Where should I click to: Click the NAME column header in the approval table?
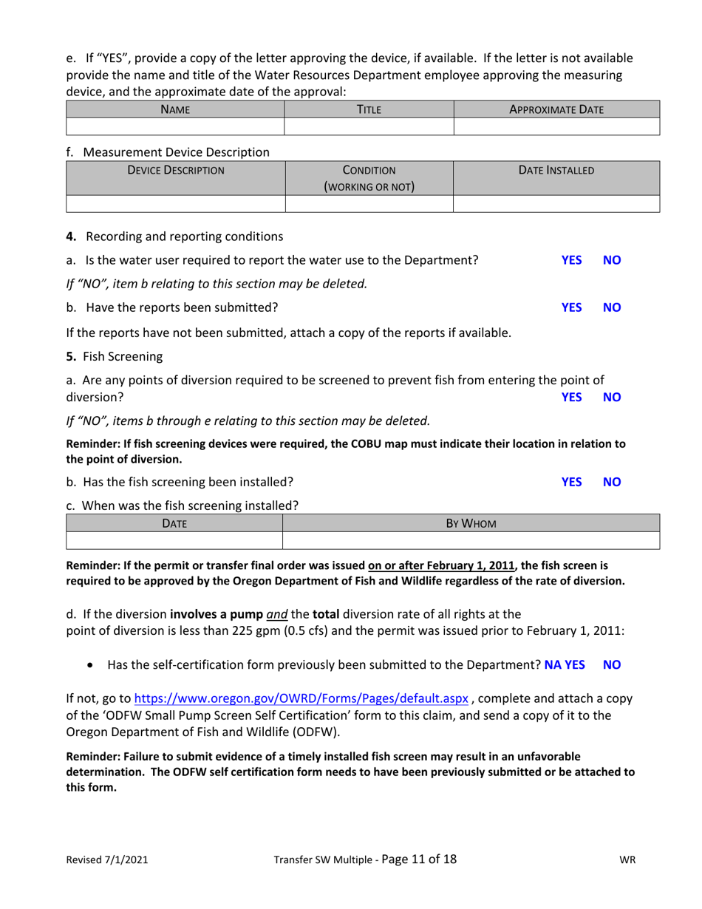(175, 109)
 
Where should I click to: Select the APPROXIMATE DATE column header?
(556, 109)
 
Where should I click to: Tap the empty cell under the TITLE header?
(368, 126)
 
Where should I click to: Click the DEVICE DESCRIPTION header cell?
(175, 171)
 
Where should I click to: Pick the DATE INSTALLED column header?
(556, 171)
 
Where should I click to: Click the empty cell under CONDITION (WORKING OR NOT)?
(368, 203)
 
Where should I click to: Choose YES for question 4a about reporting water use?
(571, 260)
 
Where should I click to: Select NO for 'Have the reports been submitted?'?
(612, 307)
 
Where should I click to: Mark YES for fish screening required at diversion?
(571, 397)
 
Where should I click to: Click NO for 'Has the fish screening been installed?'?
(612, 482)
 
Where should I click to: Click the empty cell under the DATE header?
(175, 540)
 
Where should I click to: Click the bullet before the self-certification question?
(90, 665)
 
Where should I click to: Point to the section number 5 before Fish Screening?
(71, 356)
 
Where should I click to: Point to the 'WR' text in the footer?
(627, 860)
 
